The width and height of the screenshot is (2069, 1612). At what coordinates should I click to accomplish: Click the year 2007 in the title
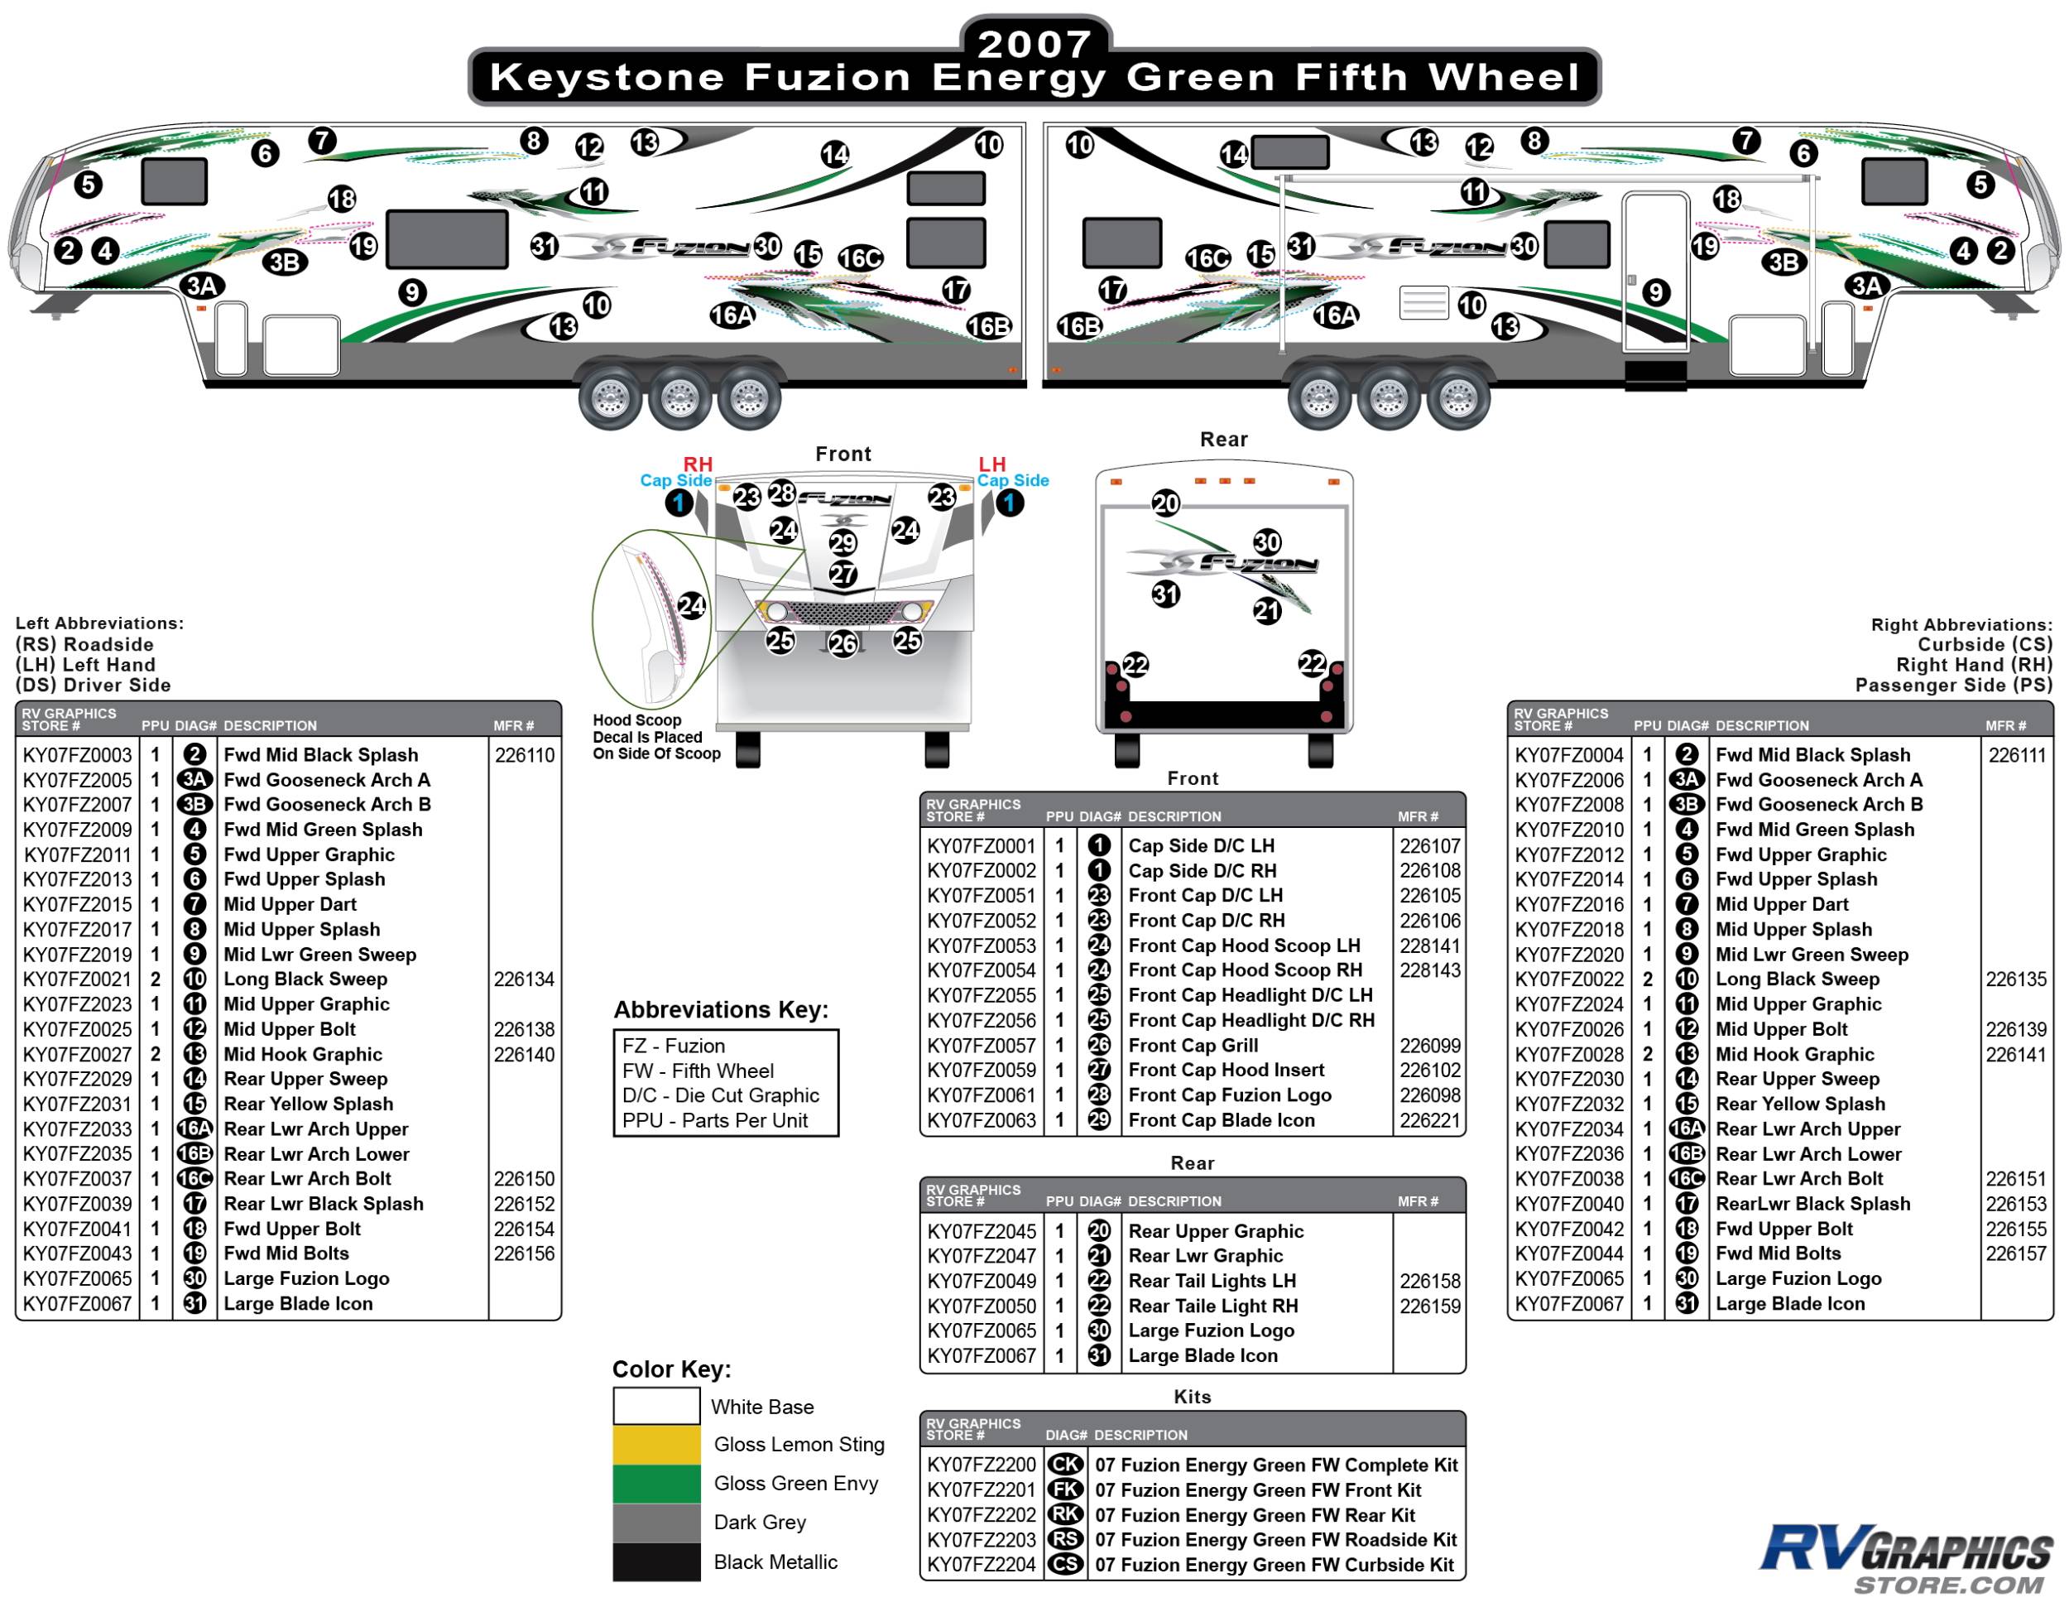tap(1034, 44)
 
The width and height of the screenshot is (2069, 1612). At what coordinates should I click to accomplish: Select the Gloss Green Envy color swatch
tap(655, 1484)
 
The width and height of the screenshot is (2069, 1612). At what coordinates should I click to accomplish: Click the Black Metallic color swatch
tap(655, 1561)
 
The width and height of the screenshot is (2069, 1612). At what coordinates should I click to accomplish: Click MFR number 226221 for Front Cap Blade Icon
tap(1429, 1121)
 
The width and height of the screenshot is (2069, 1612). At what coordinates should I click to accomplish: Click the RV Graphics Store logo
tap(1905, 1559)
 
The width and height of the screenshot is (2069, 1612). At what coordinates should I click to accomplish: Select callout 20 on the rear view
tap(1165, 503)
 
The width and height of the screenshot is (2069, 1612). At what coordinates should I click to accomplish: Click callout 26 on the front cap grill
tap(842, 644)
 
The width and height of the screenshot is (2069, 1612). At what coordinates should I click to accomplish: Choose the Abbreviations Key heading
tap(721, 1010)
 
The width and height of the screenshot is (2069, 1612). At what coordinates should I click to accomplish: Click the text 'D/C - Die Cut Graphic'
tap(720, 1095)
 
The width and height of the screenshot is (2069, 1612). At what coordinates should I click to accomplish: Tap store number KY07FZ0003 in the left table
tap(78, 755)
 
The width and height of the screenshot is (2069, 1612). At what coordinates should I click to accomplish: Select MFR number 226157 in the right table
tap(2015, 1254)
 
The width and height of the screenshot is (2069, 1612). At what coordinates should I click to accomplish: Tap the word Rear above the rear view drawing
tap(1223, 440)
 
